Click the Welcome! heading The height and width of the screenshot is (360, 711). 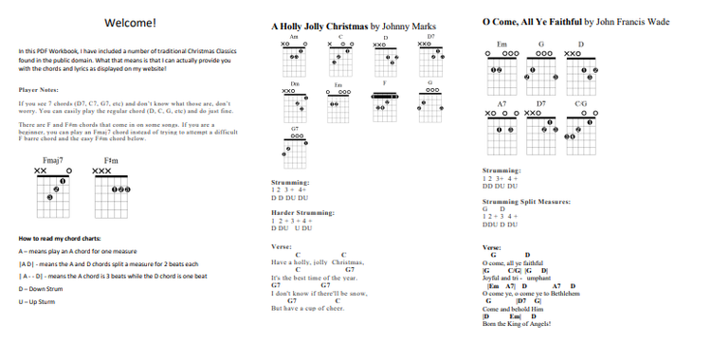click(131, 22)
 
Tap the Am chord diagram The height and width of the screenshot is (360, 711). click(294, 59)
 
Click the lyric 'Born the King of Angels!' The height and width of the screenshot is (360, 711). click(517, 324)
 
